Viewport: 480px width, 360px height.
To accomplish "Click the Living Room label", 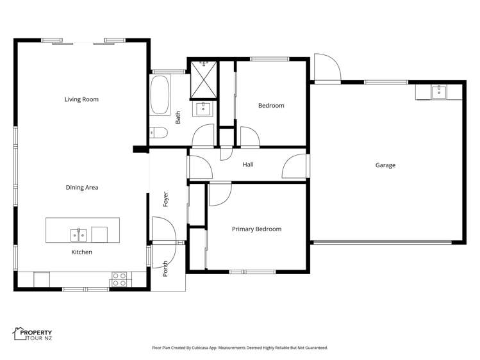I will [x=81, y=99].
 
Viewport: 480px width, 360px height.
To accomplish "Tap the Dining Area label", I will [x=81, y=188].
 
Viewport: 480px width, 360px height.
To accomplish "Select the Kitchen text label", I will [x=81, y=252].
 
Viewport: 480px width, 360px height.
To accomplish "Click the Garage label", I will [x=385, y=165].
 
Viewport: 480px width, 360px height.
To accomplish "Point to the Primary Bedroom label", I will [x=256, y=229].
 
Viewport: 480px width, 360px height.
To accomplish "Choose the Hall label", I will [x=248, y=165].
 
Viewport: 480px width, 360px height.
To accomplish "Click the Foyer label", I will [x=165, y=198].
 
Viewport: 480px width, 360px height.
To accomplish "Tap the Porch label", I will [x=165, y=268].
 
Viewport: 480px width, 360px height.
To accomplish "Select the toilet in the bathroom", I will [x=158, y=133].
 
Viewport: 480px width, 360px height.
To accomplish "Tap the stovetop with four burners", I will [x=119, y=279].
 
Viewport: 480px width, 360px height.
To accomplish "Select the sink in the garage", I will [x=439, y=92].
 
